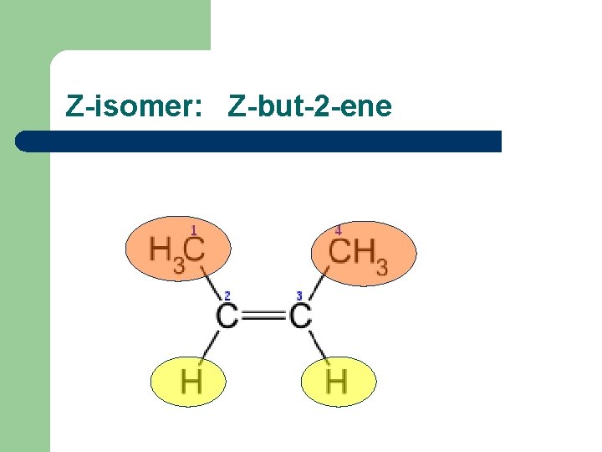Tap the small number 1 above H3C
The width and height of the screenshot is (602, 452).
(193, 229)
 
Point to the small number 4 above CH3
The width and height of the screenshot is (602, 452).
(338, 229)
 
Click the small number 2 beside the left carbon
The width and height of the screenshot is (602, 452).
(227, 295)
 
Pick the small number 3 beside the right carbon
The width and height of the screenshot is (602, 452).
(298, 295)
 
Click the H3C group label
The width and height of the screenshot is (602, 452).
(177, 250)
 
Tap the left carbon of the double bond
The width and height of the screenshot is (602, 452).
(227, 316)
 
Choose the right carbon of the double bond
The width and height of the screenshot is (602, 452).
(300, 316)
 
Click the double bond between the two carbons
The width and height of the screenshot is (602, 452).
(263, 316)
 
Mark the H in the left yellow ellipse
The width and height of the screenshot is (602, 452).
(191, 382)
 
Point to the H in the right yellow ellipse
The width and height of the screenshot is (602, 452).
(336, 382)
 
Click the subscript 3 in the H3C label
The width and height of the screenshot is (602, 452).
(179, 266)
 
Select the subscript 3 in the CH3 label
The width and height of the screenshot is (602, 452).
(381, 268)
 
